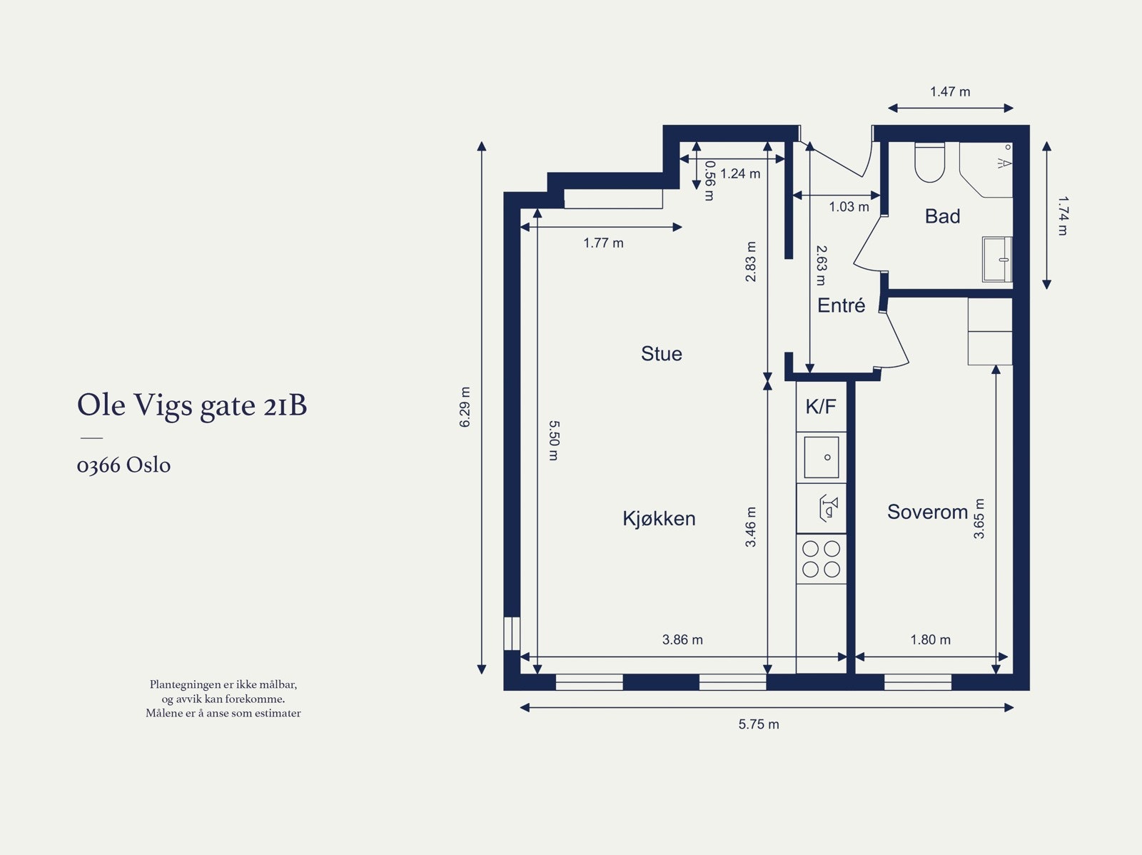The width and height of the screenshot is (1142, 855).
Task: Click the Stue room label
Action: coord(661,354)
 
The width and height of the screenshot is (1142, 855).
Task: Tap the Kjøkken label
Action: coord(659,519)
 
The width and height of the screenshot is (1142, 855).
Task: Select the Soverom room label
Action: coord(927,512)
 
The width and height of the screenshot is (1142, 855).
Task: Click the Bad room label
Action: coord(942,216)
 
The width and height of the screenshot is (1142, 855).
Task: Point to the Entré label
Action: coord(841,305)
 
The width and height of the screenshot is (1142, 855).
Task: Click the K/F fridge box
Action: coord(821,407)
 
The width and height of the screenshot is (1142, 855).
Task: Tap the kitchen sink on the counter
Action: coord(822,457)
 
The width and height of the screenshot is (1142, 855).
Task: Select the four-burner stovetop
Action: coord(822,559)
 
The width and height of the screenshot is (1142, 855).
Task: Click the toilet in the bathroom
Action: coord(929,163)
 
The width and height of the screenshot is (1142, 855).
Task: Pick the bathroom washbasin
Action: coord(997,260)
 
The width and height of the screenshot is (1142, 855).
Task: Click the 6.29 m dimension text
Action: coord(465,408)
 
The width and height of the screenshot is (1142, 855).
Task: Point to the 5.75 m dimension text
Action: coord(759,724)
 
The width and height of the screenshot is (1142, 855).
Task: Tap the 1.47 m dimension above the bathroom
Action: coord(950,91)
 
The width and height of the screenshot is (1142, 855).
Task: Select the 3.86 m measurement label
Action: coord(682,640)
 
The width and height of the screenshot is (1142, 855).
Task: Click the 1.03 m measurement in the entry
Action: coord(849,207)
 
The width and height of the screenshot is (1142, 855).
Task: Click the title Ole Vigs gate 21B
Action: coord(192,405)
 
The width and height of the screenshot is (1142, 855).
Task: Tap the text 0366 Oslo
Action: coord(123,465)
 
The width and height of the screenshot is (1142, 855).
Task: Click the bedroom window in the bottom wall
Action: coord(917,682)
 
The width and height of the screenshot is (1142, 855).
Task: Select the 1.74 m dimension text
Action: coord(1062,216)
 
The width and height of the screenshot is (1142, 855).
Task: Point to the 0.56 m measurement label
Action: coord(709,181)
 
